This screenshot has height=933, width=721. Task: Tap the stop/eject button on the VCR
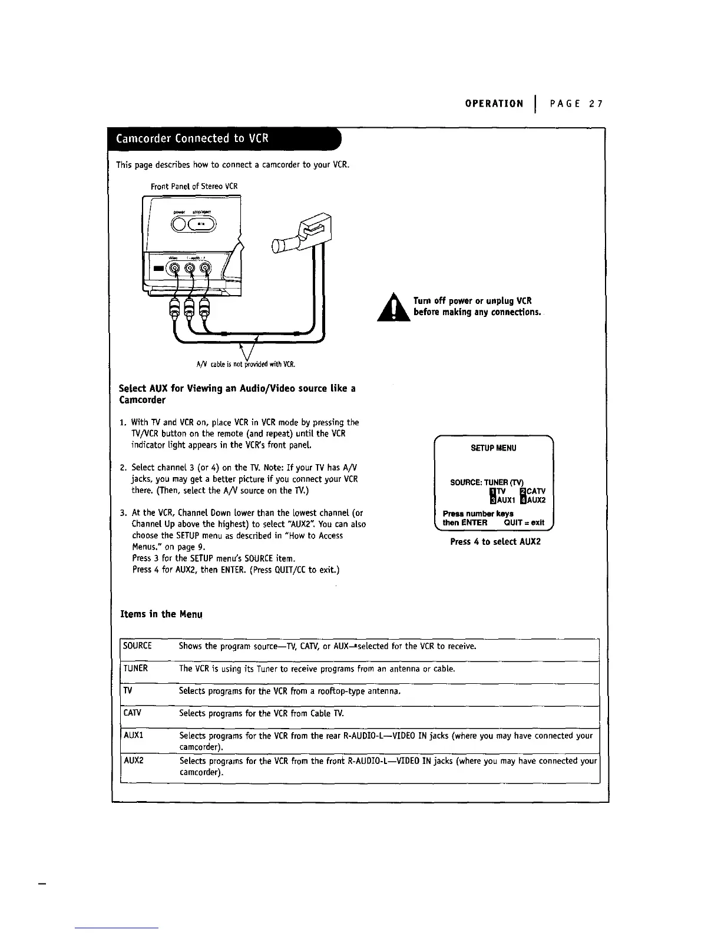tap(201, 223)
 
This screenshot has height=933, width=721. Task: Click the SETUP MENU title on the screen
tap(493, 448)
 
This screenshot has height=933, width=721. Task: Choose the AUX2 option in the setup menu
tap(532, 500)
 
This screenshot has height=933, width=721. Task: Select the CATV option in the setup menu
tap(532, 491)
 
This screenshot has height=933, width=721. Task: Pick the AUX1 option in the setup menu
tap(500, 500)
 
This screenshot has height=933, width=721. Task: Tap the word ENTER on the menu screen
tap(474, 522)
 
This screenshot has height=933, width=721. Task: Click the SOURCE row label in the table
tap(137, 646)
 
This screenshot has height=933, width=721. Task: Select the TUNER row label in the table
tap(135, 668)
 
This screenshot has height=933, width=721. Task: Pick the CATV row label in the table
tap(133, 713)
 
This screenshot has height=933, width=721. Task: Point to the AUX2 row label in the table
tap(134, 760)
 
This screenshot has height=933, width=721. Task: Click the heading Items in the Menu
tap(161, 614)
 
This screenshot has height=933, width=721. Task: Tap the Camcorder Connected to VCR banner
tap(193, 138)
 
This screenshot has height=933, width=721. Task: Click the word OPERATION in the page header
tap(494, 104)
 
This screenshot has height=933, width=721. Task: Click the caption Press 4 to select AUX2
tap(495, 541)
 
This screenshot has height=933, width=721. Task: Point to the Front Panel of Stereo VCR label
tap(194, 186)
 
